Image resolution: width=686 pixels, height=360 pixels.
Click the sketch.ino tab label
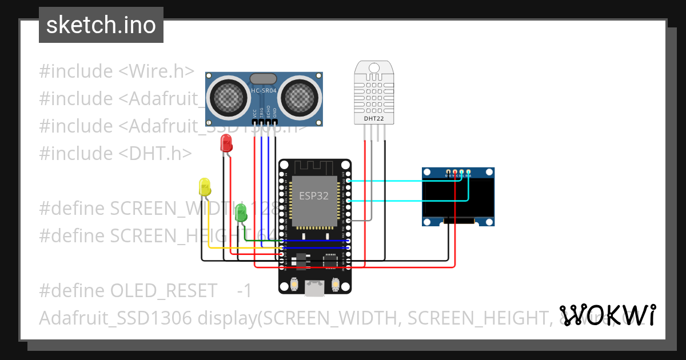[x=101, y=25]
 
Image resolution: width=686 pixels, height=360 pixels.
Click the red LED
[x=226, y=143]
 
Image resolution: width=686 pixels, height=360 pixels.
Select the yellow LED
[x=205, y=187]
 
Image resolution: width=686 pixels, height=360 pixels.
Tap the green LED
[x=241, y=213]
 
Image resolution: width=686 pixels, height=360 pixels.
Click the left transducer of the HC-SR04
[x=228, y=95]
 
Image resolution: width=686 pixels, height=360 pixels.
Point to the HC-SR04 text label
[x=264, y=91]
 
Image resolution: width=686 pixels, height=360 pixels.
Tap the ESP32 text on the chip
[x=314, y=195]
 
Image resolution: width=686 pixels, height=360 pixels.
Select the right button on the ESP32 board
[x=336, y=284]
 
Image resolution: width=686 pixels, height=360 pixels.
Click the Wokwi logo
[x=607, y=315]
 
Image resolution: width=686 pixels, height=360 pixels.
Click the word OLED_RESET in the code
[x=163, y=291]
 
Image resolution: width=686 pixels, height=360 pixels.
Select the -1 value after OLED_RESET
[x=244, y=291]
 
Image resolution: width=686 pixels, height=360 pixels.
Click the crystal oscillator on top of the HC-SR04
[x=264, y=78]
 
